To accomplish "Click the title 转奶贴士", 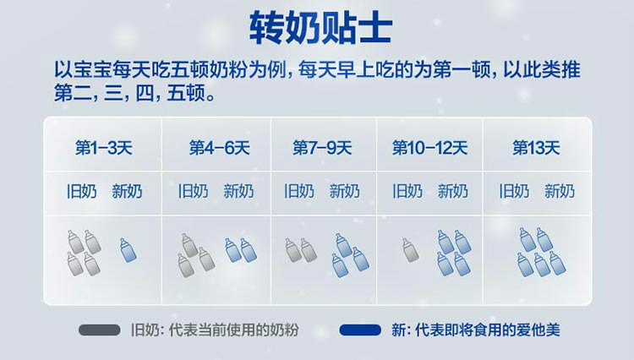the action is [320, 28].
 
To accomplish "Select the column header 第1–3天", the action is [104, 148].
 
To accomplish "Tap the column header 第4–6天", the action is [219, 148].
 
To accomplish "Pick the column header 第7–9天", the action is [322, 148].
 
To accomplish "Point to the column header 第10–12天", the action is [429, 148].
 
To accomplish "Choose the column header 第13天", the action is [536, 148].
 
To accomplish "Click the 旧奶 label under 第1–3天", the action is [82, 192].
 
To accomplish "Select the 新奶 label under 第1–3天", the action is [127, 192].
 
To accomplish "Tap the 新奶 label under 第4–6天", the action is [238, 192].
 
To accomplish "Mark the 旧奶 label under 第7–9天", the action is [299, 192].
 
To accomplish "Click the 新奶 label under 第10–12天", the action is [453, 192].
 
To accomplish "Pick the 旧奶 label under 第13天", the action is [514, 192].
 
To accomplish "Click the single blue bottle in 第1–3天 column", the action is [128, 250].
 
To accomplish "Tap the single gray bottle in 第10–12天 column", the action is [410, 250].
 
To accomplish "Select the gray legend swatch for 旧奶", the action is [100, 330].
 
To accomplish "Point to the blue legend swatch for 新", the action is [360, 330].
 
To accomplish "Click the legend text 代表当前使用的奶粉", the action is [233, 330].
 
